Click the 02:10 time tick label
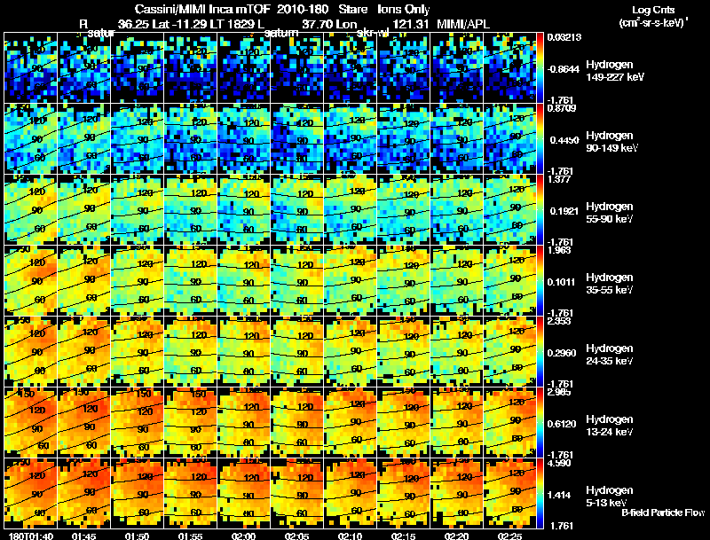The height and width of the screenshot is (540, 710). pyautogui.click(x=349, y=536)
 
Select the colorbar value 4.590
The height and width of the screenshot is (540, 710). pyautogui.click(x=564, y=462)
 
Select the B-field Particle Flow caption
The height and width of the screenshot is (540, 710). pyautogui.click(x=663, y=513)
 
